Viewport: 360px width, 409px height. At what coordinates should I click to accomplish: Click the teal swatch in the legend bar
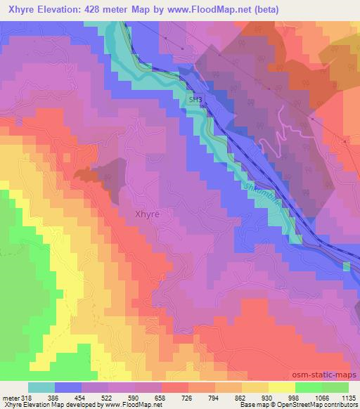[x=41, y=387]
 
